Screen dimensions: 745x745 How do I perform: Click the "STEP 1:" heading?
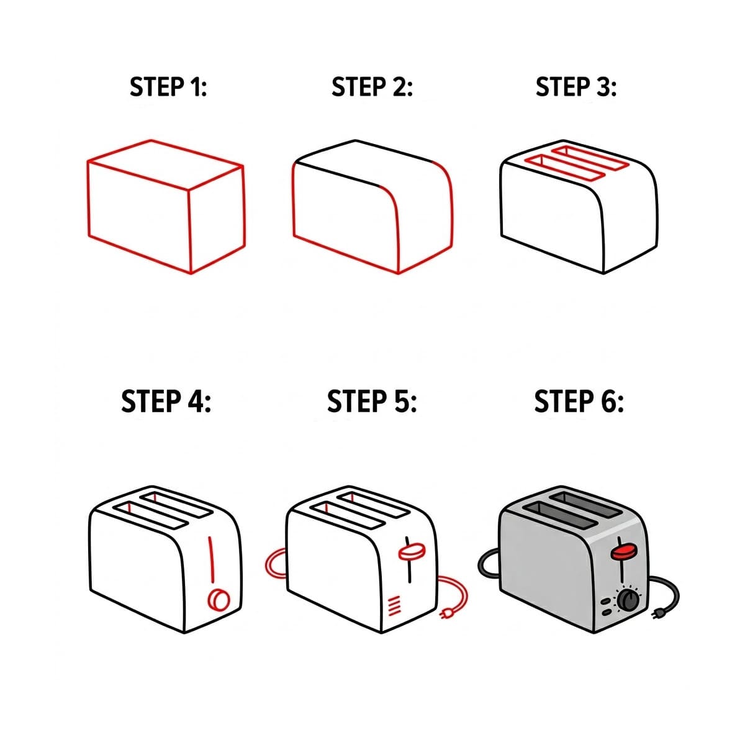[168, 88]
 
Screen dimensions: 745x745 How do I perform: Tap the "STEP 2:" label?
[372, 88]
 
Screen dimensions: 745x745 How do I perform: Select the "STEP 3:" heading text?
[576, 88]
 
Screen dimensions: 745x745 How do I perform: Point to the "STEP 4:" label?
[166, 402]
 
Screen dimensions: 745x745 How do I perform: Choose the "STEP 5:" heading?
[372, 402]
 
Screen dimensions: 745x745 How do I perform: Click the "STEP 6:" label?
[579, 402]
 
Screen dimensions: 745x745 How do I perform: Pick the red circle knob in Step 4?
[218, 600]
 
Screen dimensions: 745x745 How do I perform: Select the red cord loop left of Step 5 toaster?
[275, 564]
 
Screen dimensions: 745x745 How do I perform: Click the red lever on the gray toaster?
[625, 551]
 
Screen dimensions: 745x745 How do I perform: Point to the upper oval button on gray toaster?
[605, 602]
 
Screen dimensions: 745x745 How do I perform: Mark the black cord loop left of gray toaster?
[488, 562]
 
